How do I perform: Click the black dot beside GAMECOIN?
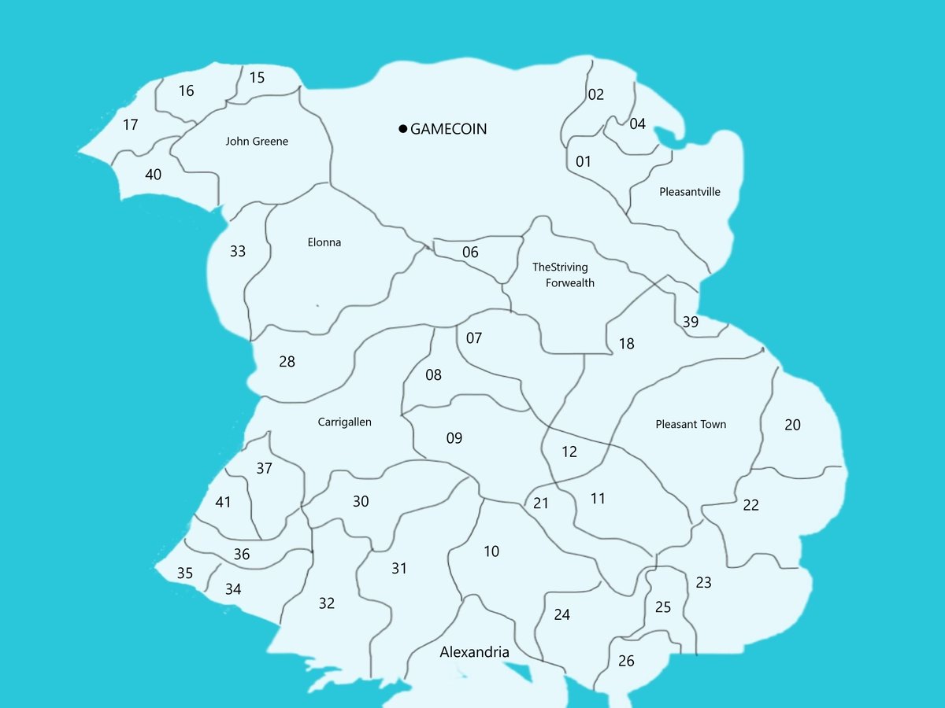402,129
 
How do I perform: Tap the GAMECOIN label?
449,129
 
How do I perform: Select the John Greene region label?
257,142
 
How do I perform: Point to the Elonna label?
324,242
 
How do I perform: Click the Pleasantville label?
690,192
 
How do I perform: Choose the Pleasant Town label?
691,424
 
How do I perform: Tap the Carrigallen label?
344,422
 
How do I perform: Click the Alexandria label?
475,652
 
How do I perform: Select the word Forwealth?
570,283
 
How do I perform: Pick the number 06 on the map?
470,253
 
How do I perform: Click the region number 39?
691,322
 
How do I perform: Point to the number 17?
131,124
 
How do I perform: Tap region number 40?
153,174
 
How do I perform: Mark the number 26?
626,661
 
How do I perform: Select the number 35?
184,573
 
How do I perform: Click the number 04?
638,124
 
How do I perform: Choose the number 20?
792,425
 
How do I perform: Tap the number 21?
540,503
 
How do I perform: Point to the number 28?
287,362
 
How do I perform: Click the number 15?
257,77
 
